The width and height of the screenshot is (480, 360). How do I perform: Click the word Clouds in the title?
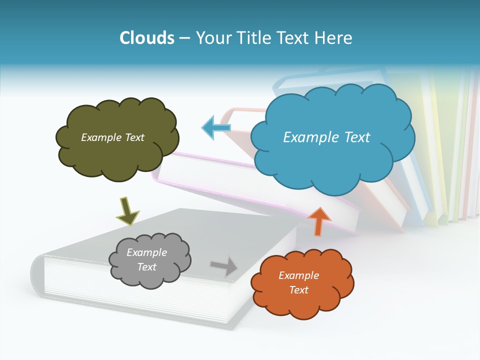[147, 38]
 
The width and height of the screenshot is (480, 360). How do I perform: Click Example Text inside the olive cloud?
[112, 137]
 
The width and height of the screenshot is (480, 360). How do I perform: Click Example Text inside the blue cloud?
[326, 137]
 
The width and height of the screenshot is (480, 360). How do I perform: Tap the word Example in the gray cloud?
[146, 252]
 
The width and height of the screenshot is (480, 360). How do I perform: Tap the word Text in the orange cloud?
[298, 290]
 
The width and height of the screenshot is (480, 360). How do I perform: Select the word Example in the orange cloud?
[298, 275]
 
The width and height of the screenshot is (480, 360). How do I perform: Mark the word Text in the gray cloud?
[146, 267]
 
